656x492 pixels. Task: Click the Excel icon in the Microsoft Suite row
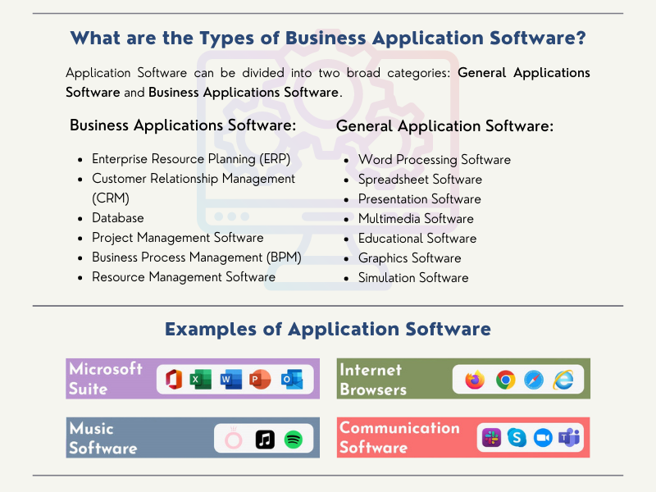click(201, 380)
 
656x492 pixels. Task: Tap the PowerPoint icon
click(260, 380)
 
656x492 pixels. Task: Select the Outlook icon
click(291, 380)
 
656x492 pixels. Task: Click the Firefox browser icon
click(475, 380)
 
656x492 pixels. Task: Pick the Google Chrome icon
click(505, 380)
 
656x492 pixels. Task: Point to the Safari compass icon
click(534, 380)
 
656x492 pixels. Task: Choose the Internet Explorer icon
click(563, 380)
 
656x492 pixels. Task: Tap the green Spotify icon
click(294, 440)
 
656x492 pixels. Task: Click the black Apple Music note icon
click(264, 440)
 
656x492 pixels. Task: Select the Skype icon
click(516, 438)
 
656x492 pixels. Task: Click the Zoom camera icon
click(542, 438)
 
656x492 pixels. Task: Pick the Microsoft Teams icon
click(568, 438)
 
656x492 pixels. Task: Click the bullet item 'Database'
click(117, 218)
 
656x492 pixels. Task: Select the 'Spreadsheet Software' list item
click(420, 180)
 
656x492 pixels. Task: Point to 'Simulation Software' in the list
click(413, 278)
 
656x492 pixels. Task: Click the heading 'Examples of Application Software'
click(328, 330)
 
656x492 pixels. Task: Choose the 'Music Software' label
click(103, 438)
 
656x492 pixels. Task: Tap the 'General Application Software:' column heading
click(444, 126)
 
